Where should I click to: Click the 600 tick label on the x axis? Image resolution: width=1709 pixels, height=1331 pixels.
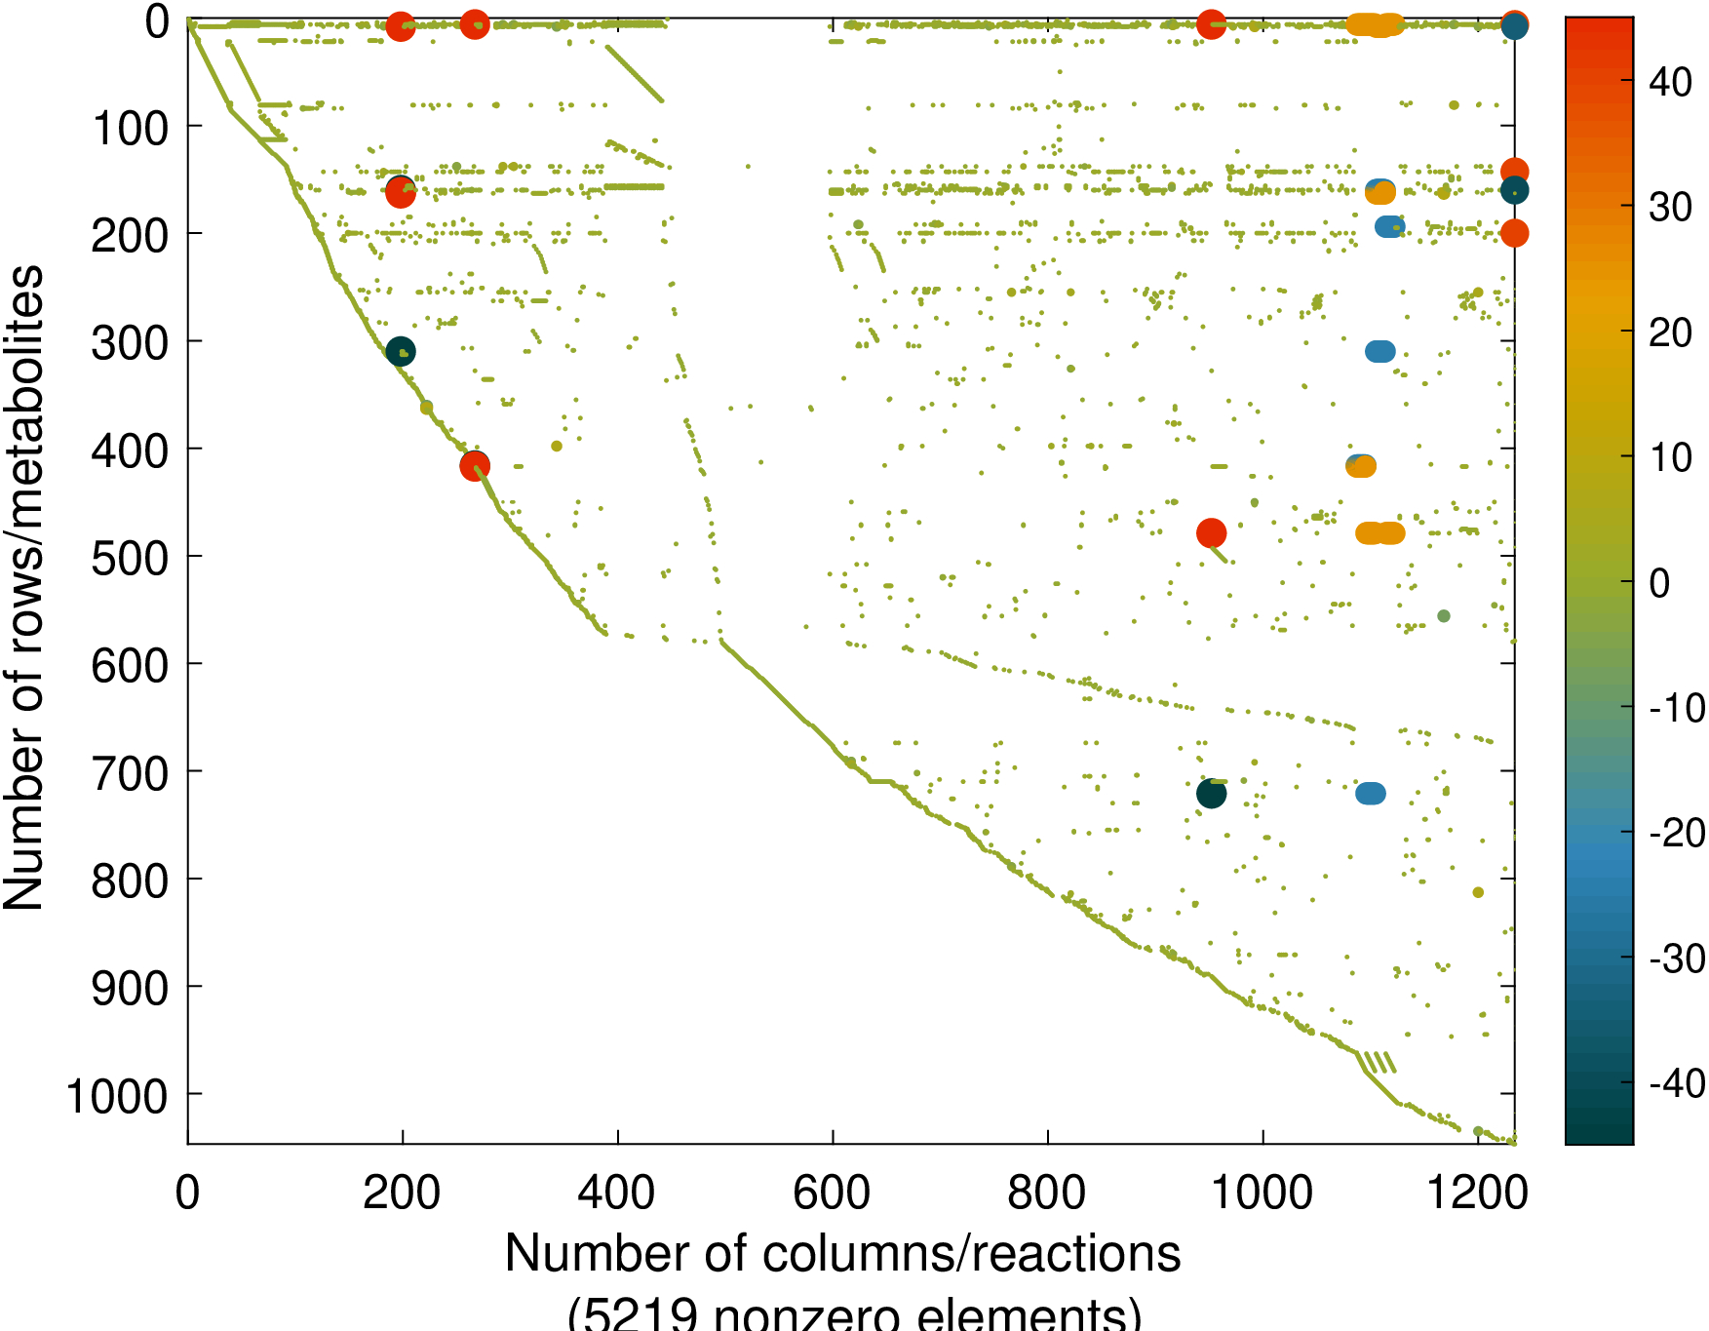pyautogui.click(x=832, y=1193)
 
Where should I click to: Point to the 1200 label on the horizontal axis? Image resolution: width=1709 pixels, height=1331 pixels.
pyautogui.click(x=1477, y=1193)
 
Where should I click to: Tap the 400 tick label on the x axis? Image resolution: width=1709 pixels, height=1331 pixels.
pyautogui.click(x=616, y=1193)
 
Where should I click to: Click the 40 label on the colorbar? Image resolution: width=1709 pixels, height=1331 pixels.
pyautogui.click(x=1670, y=83)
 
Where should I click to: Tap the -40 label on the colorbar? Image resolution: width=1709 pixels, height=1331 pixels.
pyautogui.click(x=1677, y=1083)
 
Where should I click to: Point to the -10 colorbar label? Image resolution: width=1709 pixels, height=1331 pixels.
pyautogui.click(x=1677, y=708)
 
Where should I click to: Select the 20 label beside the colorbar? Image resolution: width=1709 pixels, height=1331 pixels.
pyautogui.click(x=1670, y=333)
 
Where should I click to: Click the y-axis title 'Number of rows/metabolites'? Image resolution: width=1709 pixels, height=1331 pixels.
pyautogui.click(x=23, y=588)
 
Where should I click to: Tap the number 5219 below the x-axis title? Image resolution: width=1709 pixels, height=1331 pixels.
pyautogui.click(x=635, y=1313)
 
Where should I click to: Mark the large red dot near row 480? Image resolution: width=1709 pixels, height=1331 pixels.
pyautogui.click(x=1211, y=533)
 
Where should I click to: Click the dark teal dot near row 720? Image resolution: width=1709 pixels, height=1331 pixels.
pyautogui.click(x=1211, y=794)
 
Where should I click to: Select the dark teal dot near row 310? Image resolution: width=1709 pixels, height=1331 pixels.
pyautogui.click(x=401, y=351)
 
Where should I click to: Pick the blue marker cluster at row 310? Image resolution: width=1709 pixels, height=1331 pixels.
pyautogui.click(x=1379, y=351)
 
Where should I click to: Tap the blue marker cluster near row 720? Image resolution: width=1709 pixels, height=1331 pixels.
pyautogui.click(x=1370, y=794)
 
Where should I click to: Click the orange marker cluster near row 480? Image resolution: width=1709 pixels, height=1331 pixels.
pyautogui.click(x=1380, y=533)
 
